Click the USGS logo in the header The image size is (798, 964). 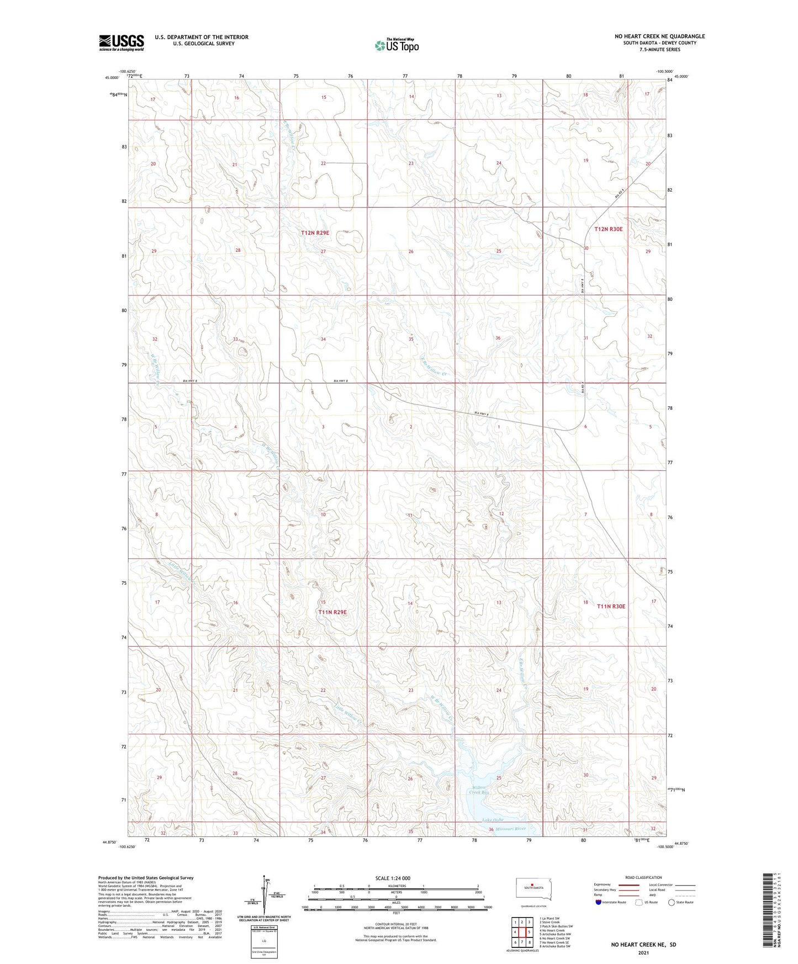(x=121, y=43)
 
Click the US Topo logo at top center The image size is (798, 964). (x=396, y=45)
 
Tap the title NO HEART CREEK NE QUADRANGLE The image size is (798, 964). (x=659, y=36)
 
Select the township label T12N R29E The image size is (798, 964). (x=315, y=233)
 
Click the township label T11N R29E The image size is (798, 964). (x=332, y=612)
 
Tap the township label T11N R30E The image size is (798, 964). (x=611, y=606)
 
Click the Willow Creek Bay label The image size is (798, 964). (x=479, y=790)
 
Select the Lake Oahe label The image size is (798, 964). (x=493, y=820)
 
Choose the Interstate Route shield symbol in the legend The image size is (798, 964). (x=598, y=902)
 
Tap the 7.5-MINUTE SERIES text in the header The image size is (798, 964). (x=659, y=50)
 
